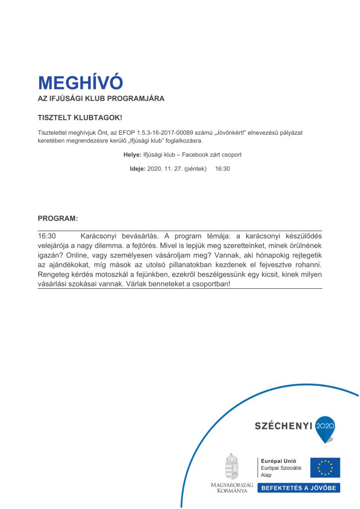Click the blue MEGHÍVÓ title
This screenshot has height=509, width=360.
pyautogui.click(x=80, y=83)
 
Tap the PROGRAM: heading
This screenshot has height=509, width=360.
pyautogui.click(x=58, y=218)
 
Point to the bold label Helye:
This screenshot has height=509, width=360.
pyautogui.click(x=132, y=155)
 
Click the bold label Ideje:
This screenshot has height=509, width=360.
pyautogui.click(x=138, y=169)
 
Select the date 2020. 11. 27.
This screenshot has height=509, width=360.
pyautogui.click(x=165, y=169)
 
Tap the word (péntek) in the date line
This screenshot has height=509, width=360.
pyautogui.click(x=195, y=169)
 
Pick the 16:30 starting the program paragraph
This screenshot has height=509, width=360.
pyautogui.click(x=47, y=236)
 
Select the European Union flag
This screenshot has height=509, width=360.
pyautogui.click(x=325, y=468)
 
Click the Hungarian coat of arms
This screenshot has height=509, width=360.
pyautogui.click(x=232, y=467)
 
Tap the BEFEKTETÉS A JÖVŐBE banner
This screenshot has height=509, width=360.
pyautogui.click(x=298, y=488)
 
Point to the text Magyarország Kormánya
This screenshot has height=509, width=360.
pyautogui.click(x=232, y=488)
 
